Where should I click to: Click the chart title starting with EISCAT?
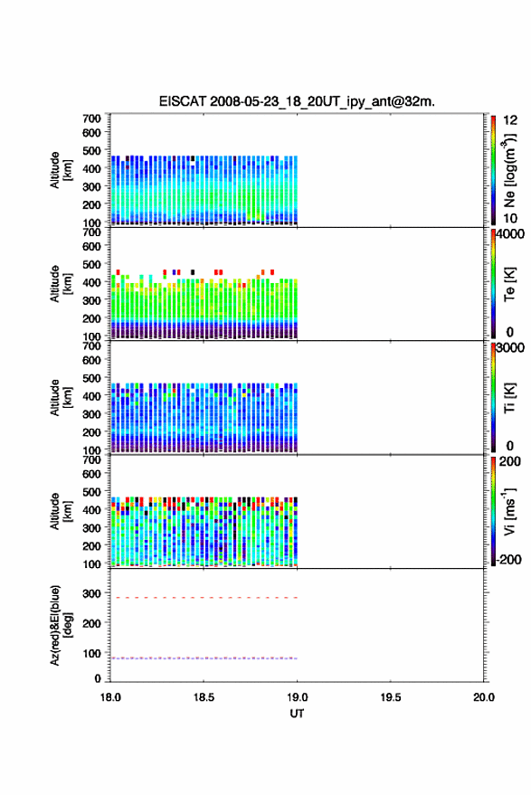pyautogui.click(x=297, y=101)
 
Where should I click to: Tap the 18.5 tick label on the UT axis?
pyautogui.click(x=204, y=697)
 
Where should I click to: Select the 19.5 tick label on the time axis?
pyautogui.click(x=390, y=697)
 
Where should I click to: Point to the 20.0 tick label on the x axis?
pyautogui.click(x=483, y=697)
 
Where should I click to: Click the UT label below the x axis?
pyautogui.click(x=297, y=714)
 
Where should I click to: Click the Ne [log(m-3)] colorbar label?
pyautogui.click(x=510, y=170)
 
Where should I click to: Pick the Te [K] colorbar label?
pyautogui.click(x=509, y=284)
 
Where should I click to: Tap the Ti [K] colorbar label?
pyautogui.click(x=509, y=398)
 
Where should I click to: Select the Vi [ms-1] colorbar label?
pyautogui.click(x=509, y=511)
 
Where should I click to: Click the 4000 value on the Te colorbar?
pyautogui.click(x=510, y=234)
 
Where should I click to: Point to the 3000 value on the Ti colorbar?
pyautogui.click(x=510, y=348)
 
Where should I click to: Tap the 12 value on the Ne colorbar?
pyautogui.click(x=510, y=120)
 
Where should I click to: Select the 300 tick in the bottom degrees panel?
pyautogui.click(x=91, y=593)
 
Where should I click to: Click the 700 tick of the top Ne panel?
pyautogui.click(x=91, y=118)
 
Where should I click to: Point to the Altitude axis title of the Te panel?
pyautogui.click(x=61, y=284)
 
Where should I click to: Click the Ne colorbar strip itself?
pyautogui.click(x=493, y=170)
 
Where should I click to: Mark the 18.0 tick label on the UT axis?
pyautogui.click(x=110, y=697)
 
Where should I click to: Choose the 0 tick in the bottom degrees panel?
pyautogui.click(x=98, y=678)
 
